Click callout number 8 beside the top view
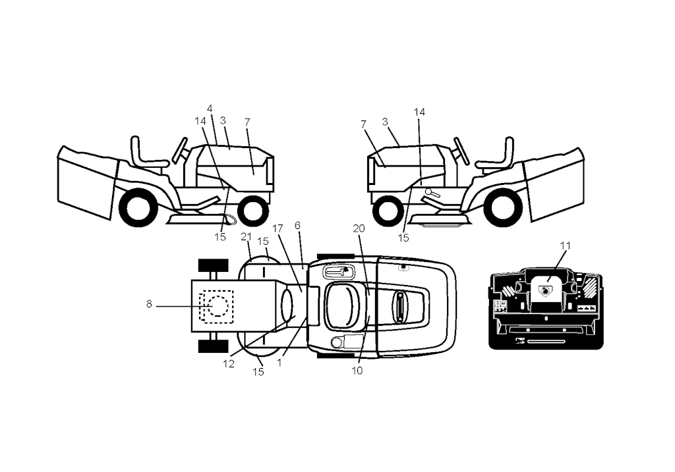coord(149,304)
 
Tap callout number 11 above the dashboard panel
coord(565,246)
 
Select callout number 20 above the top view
coord(359,228)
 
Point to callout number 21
coord(246,237)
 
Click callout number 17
coord(278,228)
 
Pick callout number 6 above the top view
coord(297,225)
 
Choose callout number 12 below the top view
coord(229,363)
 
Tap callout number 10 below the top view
coord(357,371)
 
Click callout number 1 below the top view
coord(279,362)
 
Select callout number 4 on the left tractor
coord(210,109)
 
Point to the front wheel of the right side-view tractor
coord(388,211)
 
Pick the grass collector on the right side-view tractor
coord(554,183)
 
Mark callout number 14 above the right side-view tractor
coord(419,112)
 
